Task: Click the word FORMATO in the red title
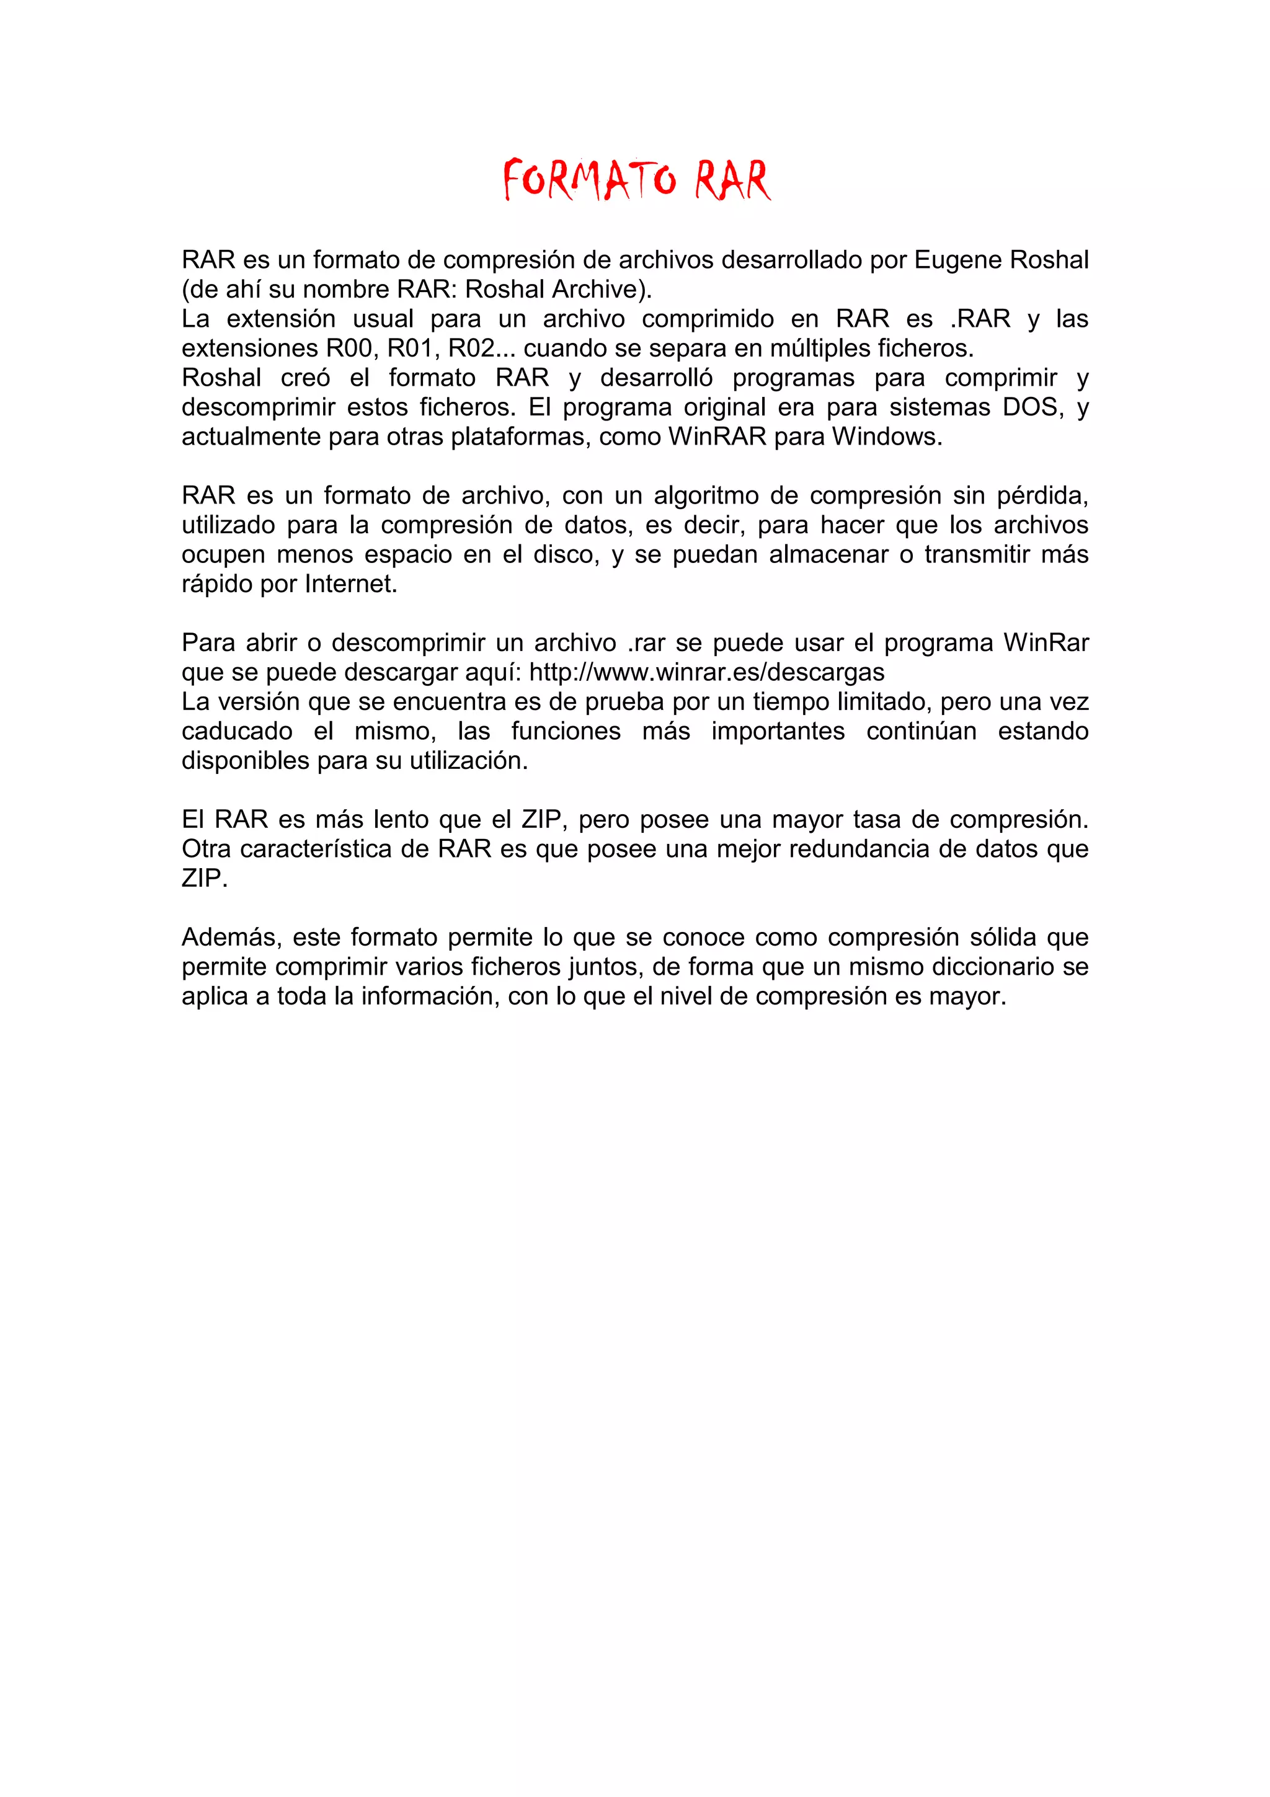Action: click(589, 179)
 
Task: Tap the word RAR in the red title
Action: click(732, 179)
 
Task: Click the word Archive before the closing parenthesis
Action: click(598, 290)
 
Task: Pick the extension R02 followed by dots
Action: click(471, 348)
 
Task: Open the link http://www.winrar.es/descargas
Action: click(706, 672)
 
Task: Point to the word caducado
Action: click(237, 731)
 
